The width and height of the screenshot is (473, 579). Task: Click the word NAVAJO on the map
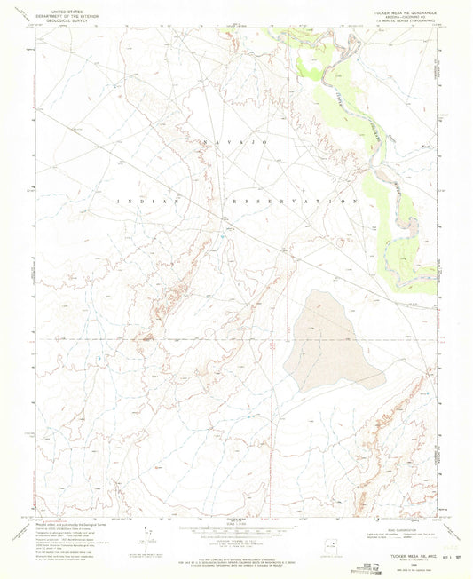click(235, 142)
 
